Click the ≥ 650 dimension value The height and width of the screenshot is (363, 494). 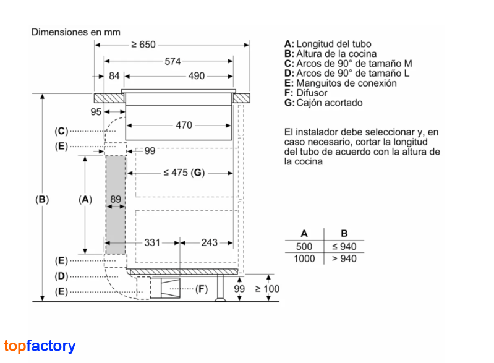coord(143,45)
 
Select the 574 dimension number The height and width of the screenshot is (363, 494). coord(172,61)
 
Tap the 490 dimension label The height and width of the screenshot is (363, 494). coord(196,76)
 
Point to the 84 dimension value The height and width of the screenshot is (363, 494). coord(114,76)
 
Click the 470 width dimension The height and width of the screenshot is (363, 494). coord(184,125)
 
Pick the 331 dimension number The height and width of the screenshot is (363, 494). coord(152,242)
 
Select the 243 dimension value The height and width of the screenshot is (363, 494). coord(209,242)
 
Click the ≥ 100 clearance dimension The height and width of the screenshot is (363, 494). coord(267,289)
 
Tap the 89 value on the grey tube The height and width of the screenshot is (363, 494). coord(116,199)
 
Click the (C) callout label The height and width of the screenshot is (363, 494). coord(61,130)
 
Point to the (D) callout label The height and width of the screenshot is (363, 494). coord(61,276)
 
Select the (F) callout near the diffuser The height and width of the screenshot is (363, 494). coord(202,289)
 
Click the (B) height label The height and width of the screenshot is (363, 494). coord(42,199)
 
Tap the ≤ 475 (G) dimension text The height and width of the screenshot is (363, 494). coord(184,173)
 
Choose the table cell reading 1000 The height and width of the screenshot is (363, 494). coord(304,258)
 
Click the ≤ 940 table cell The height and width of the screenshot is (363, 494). coord(344,246)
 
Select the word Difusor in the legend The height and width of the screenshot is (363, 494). coord(312,93)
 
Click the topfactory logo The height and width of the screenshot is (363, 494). coord(40,346)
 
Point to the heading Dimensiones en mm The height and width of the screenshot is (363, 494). coord(75,32)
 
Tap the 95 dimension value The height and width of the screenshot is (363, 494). coord(96,112)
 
